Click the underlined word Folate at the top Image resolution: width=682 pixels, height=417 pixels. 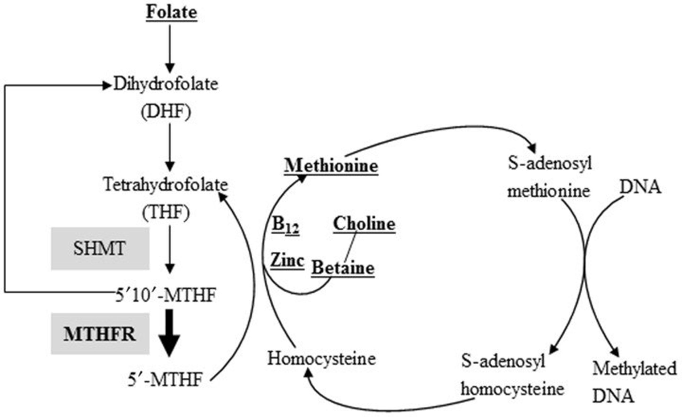pos(172,13)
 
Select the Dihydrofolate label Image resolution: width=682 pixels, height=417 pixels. pos(166,84)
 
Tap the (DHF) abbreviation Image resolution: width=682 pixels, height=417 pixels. pos(166,112)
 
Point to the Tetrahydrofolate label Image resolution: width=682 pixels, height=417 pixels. pos(165,185)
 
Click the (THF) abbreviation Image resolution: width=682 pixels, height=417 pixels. pos(166,212)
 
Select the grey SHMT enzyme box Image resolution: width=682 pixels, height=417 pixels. pos(100,248)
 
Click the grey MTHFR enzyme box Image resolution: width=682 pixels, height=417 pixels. pos(100,334)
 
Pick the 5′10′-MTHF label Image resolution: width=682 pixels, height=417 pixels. pos(165,295)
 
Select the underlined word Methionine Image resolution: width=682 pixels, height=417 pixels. pos(331,166)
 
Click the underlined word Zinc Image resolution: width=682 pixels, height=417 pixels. pos(287,260)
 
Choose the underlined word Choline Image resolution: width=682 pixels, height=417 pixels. pos(364,224)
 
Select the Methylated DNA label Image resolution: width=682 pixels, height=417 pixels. pos(634,382)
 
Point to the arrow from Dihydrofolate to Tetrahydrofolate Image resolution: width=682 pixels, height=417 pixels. pos(170,147)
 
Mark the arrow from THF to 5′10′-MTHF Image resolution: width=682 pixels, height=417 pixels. pos(170,249)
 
